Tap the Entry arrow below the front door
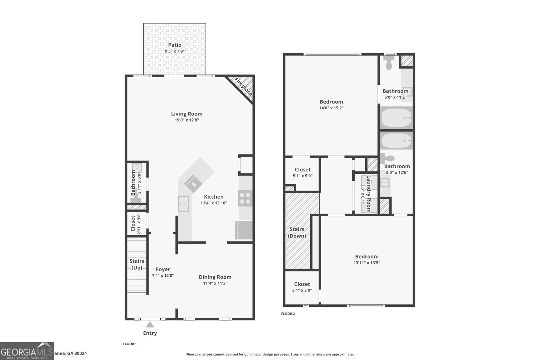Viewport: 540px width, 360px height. [150, 325]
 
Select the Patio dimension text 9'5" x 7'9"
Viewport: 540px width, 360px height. [174, 51]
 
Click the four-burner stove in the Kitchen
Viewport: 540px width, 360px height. [245, 198]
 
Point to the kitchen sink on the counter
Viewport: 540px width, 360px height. [184, 204]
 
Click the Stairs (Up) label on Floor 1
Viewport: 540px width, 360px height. [137, 264]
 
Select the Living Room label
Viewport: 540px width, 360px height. [187, 114]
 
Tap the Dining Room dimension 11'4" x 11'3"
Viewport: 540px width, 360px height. [215, 283]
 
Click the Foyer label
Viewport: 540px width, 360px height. [163, 269]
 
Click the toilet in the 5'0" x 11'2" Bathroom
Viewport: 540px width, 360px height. [389, 63]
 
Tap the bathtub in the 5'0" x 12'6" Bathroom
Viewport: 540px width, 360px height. [396, 141]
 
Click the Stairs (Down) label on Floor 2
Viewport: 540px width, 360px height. [297, 232]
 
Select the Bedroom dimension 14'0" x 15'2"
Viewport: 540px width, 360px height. [331, 108]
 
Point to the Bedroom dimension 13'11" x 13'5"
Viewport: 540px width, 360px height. [367, 263]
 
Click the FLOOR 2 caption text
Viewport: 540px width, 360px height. [288, 314]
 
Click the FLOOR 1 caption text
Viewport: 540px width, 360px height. [130, 344]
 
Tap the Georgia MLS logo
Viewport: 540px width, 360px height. [27, 351]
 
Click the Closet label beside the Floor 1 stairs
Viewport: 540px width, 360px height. [133, 224]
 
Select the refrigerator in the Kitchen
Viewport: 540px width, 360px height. [244, 230]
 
